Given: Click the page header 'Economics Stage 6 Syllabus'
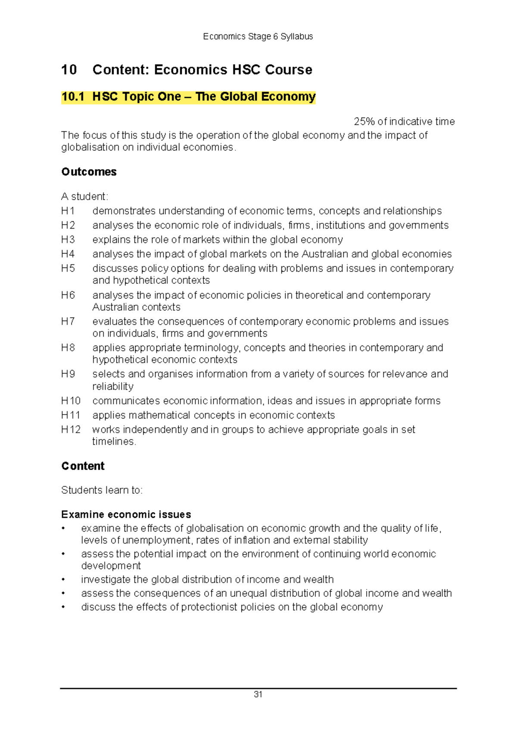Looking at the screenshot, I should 258,37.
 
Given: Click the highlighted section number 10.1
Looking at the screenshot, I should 72,96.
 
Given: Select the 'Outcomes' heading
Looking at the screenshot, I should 89,172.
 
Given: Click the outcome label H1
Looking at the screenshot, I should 68,211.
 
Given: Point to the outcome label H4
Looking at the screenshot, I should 68,254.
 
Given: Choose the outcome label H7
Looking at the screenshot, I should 68,322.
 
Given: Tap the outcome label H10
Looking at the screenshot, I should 71,401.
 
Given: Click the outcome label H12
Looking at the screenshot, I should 71,430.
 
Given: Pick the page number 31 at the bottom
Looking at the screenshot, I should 258,694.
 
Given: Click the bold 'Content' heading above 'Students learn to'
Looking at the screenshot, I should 83,466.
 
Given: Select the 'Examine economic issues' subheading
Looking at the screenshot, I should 126,514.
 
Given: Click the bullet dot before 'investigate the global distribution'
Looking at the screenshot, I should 63,580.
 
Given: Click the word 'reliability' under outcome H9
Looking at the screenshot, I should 113,387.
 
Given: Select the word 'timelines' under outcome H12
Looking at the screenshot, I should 113,442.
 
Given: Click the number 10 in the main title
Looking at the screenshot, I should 69,70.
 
